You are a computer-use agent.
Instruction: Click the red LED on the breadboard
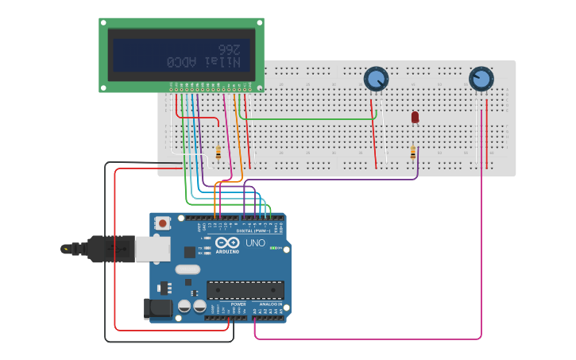pos(415,117)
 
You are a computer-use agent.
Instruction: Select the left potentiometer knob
pos(376,79)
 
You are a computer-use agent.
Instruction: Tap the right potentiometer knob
pos(481,79)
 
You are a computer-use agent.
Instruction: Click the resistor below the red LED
pos(412,153)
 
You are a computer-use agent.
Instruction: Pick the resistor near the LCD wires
pos(218,152)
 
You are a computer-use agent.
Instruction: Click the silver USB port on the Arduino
pos(152,249)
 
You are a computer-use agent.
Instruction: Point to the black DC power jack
pos(156,308)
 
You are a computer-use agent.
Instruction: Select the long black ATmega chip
pos(245,290)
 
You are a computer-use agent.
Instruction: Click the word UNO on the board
pos(256,243)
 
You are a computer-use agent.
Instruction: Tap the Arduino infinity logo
pos(226,243)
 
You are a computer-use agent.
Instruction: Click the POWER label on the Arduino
pos(238,304)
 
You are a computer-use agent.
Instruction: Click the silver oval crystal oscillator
pos(188,269)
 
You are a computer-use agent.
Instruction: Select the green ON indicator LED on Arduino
pos(273,248)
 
